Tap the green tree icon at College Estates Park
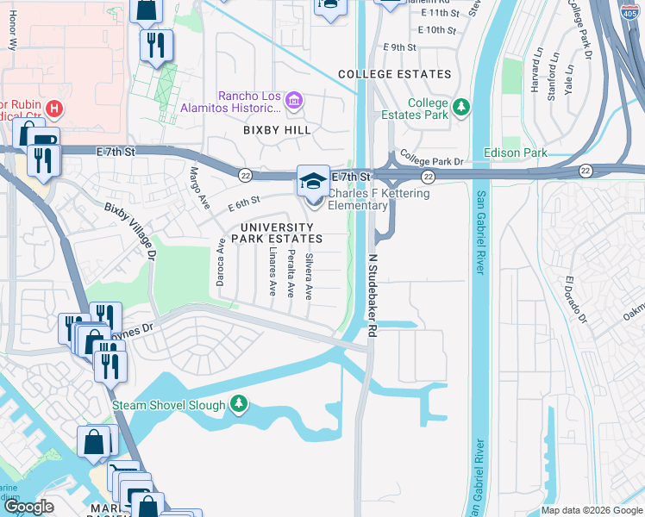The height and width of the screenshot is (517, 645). [x=462, y=107]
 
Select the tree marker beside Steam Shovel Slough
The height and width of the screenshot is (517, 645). [x=239, y=404]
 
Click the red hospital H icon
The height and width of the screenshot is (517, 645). [x=54, y=109]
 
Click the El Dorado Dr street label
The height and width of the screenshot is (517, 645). [x=575, y=301]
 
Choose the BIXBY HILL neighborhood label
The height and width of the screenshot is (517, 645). [x=276, y=129]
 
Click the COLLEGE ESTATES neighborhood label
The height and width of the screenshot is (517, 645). [x=395, y=74]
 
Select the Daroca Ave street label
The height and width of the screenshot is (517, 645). [x=222, y=269]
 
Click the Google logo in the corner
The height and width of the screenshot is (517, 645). [x=29, y=507]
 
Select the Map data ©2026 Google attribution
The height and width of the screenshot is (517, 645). [x=591, y=510]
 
